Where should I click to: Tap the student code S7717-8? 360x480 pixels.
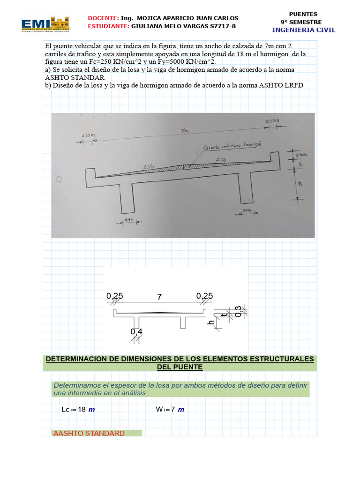click(x=221, y=26)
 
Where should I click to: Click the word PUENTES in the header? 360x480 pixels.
click(x=303, y=14)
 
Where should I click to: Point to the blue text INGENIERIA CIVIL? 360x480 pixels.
click(x=304, y=30)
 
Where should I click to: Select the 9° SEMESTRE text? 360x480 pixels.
click(x=301, y=22)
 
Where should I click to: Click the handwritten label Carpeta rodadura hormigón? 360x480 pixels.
click(x=232, y=146)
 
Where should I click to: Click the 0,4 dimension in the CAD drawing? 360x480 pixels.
click(x=136, y=332)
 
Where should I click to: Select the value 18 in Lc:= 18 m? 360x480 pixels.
click(x=82, y=409)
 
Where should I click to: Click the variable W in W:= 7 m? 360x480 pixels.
click(x=159, y=409)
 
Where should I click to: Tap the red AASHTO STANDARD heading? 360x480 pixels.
click(x=89, y=433)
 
